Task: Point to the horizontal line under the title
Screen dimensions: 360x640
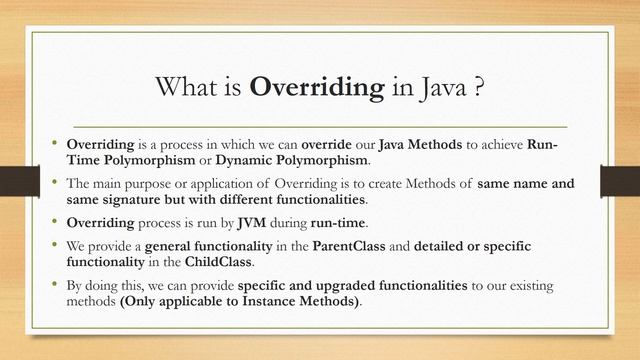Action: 320,127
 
